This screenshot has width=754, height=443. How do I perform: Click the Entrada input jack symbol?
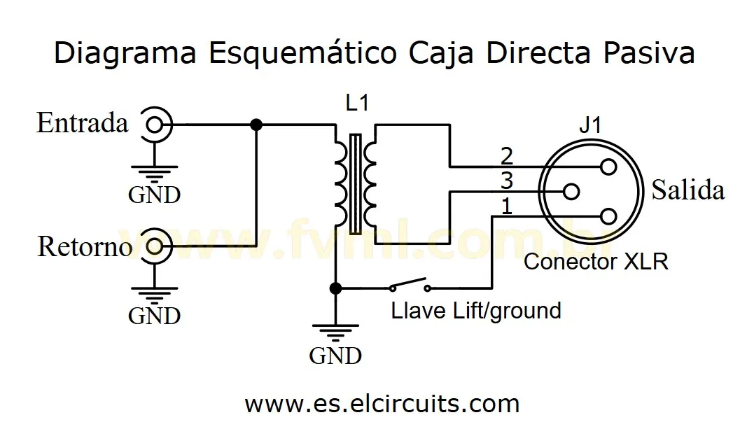point(155,125)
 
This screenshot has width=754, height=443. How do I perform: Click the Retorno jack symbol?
point(155,246)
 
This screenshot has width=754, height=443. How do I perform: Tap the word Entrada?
point(83,124)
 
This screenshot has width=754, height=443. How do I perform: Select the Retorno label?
point(85,247)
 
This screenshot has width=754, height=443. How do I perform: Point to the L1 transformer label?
point(357,103)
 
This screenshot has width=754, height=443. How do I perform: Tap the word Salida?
point(687,190)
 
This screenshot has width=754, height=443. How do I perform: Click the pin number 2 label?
point(507,155)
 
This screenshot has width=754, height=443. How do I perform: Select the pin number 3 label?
point(507,181)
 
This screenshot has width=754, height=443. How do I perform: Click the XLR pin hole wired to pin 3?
point(571,190)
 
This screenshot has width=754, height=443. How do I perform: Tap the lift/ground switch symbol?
point(410,286)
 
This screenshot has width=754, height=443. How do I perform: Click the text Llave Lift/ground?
point(476,310)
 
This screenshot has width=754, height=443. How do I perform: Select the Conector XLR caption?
point(596,262)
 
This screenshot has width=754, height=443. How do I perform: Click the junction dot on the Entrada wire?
point(256,125)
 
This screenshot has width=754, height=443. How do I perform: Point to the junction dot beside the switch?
point(335,288)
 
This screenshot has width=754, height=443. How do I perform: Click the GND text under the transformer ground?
point(335,356)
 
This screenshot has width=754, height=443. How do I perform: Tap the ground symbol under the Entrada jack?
point(155,169)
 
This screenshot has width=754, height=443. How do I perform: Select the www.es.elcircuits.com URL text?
point(382,404)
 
